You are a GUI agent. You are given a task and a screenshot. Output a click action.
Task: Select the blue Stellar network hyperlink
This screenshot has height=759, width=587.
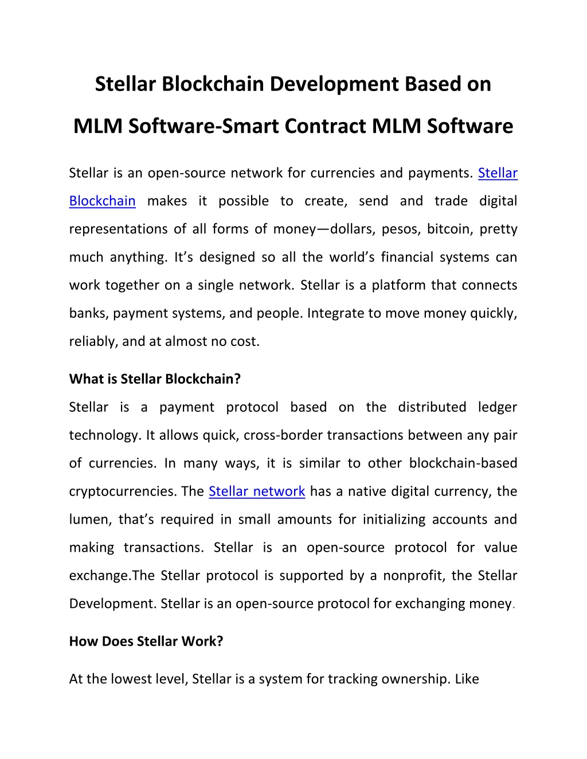257,491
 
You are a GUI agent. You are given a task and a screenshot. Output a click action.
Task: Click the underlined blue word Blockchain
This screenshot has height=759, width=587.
103,201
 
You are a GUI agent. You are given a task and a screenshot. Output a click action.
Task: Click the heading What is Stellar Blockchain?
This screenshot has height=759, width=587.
155,379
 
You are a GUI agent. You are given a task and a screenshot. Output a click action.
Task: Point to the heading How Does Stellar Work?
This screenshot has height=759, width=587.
146,642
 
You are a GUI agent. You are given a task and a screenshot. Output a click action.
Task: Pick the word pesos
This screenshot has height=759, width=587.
401,230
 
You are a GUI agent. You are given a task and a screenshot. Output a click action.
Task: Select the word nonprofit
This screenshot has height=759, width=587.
414,576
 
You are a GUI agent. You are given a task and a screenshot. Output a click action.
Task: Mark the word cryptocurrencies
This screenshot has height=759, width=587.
123,492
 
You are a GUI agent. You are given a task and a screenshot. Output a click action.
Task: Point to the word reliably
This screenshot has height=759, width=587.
92,341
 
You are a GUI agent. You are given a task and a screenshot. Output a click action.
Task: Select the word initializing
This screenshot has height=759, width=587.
394,520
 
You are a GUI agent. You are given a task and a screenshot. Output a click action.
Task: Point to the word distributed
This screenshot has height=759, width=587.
432,407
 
